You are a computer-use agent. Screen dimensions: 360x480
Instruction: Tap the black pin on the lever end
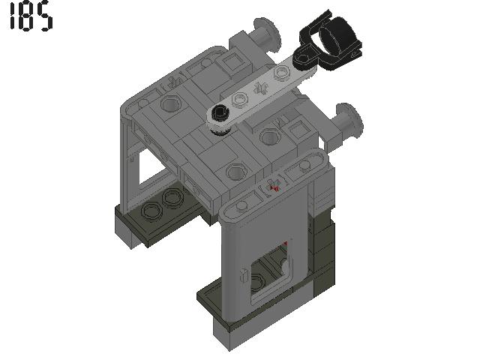(x=219, y=115)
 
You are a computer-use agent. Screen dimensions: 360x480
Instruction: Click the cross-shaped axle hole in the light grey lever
(x=261, y=85)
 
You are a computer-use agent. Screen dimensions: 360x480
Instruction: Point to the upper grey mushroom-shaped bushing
(x=266, y=35)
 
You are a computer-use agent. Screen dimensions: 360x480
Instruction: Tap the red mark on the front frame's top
(x=274, y=187)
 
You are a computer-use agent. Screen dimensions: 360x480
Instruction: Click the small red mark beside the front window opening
(x=286, y=244)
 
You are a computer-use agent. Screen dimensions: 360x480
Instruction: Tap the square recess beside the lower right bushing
(x=298, y=133)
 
